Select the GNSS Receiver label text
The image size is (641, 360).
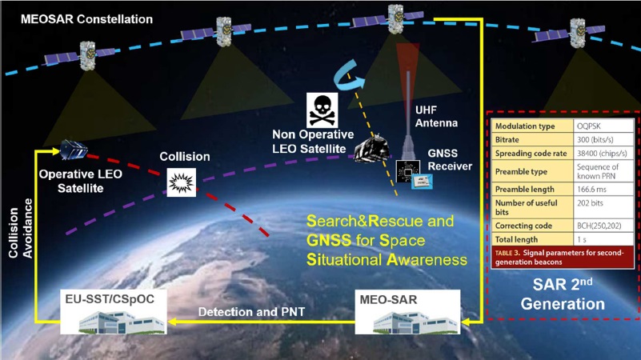[448, 160]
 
